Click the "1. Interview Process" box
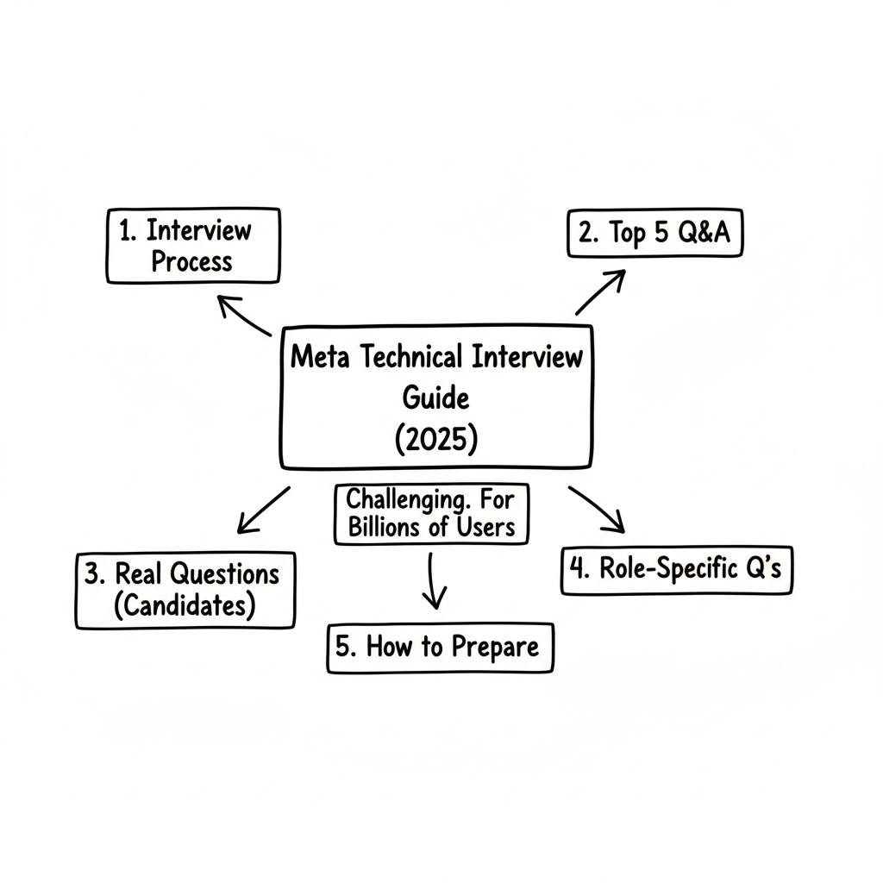192,245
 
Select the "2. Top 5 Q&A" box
654,233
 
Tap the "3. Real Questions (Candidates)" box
185,590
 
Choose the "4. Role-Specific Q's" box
676,569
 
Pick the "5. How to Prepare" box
440,648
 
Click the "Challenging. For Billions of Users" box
431,514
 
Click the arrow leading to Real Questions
263,509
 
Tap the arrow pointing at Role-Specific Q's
597,509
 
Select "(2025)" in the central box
435,440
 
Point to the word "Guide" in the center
435,398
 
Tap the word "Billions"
385,528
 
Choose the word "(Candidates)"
185,605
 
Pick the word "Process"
192,261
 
